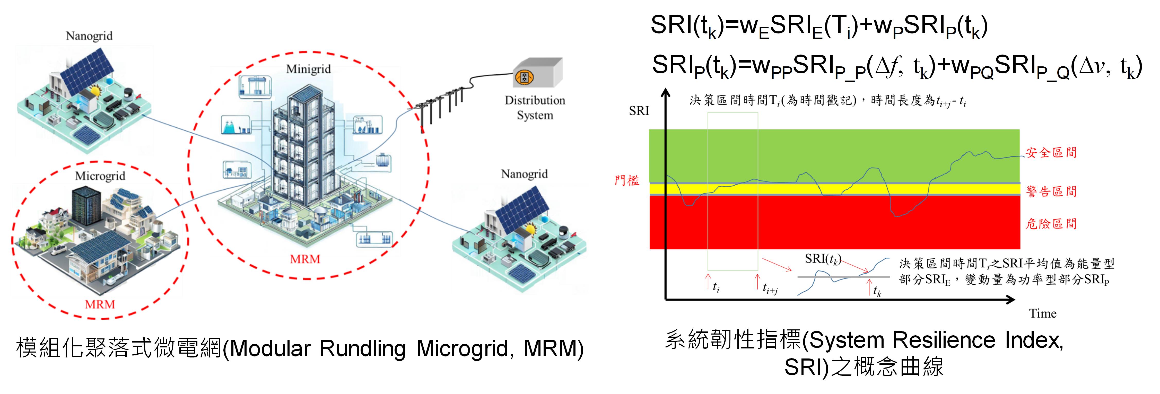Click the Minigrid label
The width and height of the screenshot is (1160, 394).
tap(308, 69)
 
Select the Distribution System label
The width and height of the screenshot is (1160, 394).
tap(535, 108)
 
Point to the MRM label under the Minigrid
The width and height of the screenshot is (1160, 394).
tap(305, 259)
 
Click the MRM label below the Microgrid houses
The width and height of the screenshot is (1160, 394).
tap(100, 304)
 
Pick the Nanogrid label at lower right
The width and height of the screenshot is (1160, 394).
tap(524, 174)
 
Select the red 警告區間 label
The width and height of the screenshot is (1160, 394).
tap(1051, 191)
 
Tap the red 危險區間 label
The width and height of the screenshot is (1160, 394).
tap(1051, 224)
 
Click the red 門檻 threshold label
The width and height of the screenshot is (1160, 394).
tap(627, 181)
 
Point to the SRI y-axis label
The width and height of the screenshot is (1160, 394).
tap(639, 111)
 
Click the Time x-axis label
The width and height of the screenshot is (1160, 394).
tap(1042, 313)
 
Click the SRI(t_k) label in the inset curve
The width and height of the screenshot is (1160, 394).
tap(823, 259)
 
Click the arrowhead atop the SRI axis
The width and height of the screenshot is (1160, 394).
tap(666, 93)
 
